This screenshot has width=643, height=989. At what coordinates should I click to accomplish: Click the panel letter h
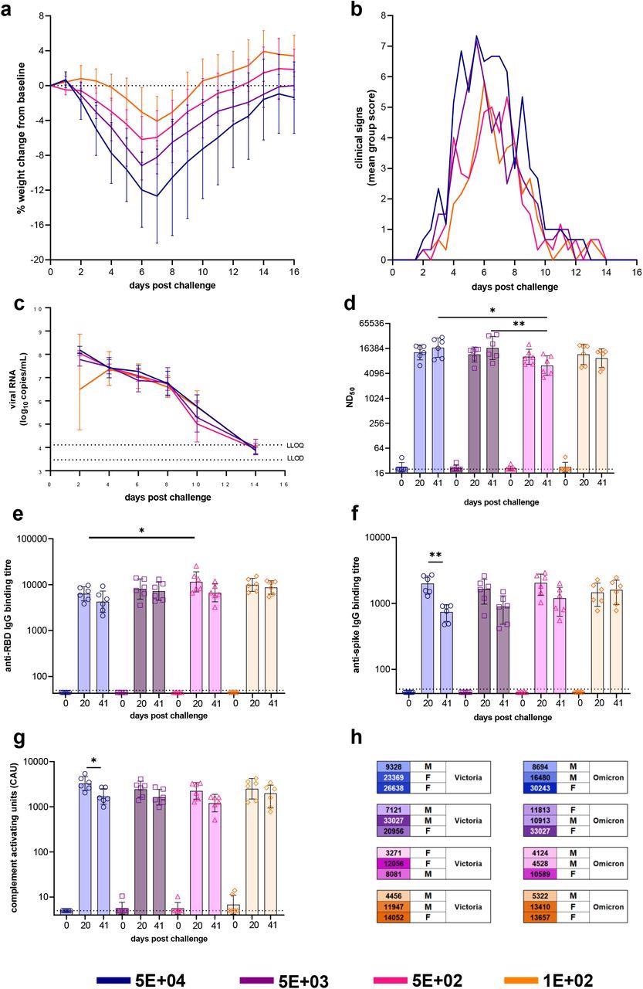(357, 737)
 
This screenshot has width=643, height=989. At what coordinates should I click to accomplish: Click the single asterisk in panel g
(94, 761)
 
